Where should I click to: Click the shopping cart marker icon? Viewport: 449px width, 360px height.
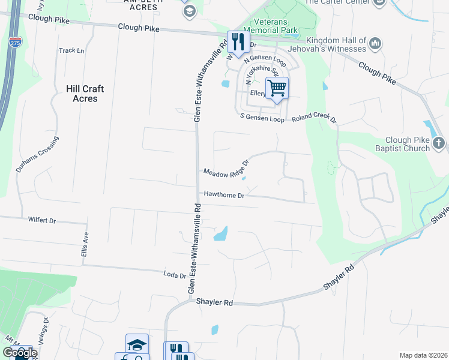coord(277,88)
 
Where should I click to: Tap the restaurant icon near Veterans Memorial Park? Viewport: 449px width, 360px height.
coord(238,41)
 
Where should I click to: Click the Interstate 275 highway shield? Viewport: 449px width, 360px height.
coord(13,43)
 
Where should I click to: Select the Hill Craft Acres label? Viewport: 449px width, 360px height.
coord(85,94)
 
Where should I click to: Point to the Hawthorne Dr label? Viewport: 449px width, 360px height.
coord(224,195)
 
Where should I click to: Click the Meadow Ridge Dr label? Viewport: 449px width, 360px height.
coord(226,169)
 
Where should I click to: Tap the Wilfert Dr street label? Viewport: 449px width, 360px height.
coord(41,220)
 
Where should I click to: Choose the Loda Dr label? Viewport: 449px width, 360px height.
coord(175,275)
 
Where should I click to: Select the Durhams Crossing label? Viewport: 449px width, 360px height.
coord(37,155)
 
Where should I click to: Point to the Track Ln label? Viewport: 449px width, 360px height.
coord(71,51)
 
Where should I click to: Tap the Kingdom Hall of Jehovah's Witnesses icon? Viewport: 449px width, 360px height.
coord(375,43)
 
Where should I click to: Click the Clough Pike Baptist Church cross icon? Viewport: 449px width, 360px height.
coord(439,143)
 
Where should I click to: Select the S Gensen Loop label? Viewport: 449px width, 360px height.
coord(262,118)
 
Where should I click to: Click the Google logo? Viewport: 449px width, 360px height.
coord(20,353)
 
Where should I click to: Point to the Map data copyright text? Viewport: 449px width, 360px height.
coord(423,355)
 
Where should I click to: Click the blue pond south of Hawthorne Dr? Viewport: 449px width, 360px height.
coord(221,233)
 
